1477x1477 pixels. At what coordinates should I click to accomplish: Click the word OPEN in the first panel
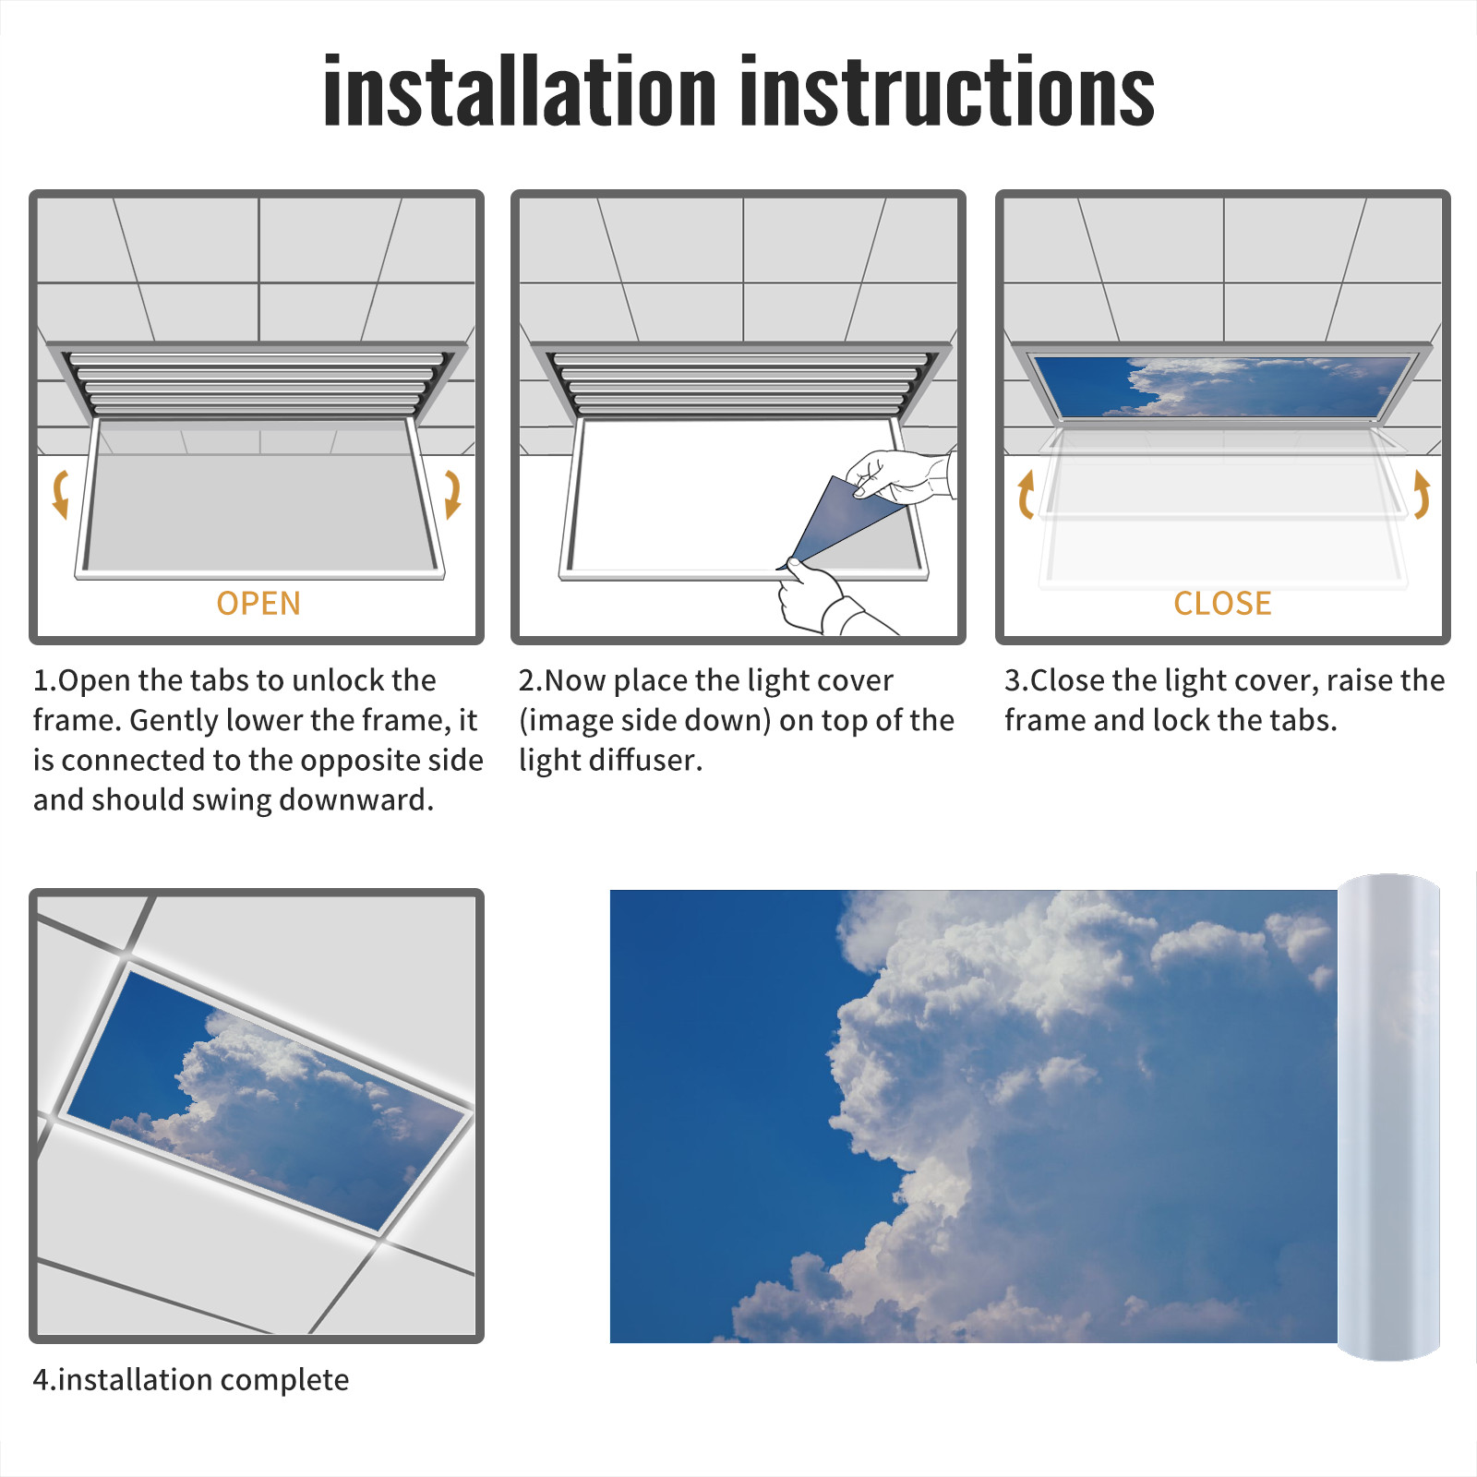point(258,603)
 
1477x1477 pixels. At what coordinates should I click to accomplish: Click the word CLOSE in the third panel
point(1222,603)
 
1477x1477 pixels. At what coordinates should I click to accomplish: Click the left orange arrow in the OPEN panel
point(60,494)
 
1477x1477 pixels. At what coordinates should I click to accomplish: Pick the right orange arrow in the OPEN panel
point(452,494)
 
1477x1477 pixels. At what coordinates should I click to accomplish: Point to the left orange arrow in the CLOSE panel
point(1026,494)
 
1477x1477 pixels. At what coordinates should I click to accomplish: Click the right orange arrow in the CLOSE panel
point(1422,494)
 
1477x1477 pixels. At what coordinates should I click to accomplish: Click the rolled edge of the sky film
point(1388,1117)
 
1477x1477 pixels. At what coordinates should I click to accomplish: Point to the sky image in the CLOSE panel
point(1223,387)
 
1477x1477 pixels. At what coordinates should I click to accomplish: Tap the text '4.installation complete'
point(191,1379)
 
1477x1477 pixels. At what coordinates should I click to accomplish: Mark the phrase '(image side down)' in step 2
point(644,720)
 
